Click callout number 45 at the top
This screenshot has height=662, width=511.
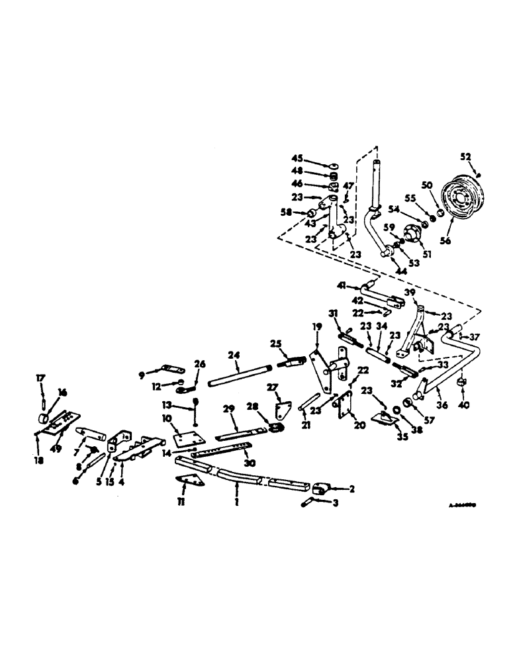pos(297,158)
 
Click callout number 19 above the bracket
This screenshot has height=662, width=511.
pos(316,326)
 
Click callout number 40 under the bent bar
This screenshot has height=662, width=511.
pos(461,397)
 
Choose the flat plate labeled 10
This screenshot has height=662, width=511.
pos(179,438)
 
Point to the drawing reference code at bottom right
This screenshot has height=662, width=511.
pos(463,504)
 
